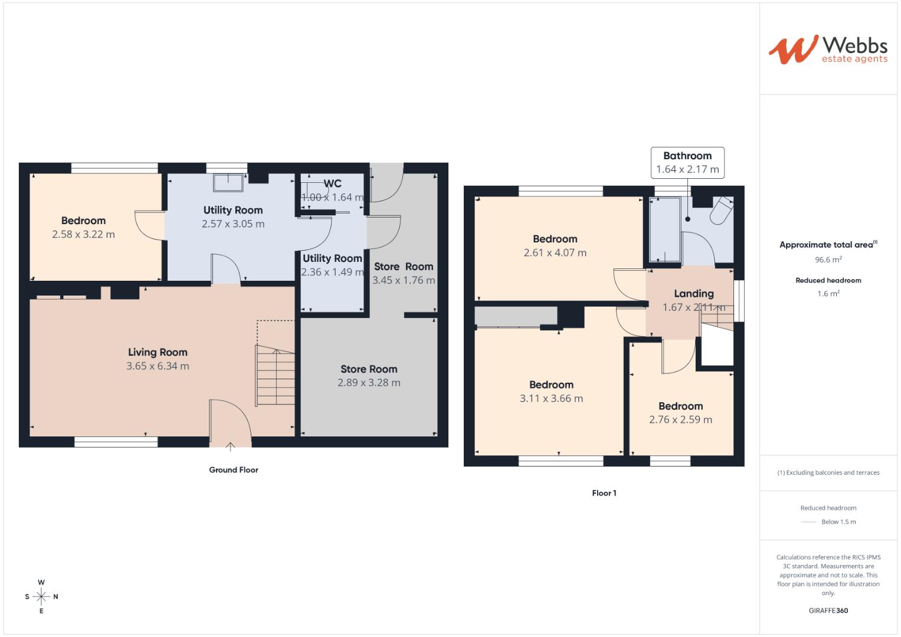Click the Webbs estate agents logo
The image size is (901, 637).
pos(828,50)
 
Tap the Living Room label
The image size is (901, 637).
pos(158,352)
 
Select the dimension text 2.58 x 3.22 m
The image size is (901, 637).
pos(83,234)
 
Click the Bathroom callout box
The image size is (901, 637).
pos(687,163)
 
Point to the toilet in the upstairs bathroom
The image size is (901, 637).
pos(722,211)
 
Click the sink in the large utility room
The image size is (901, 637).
pos(228,182)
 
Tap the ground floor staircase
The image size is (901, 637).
pos(275,376)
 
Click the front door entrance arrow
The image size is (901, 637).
pos(230,446)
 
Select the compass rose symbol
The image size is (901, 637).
pos(41,596)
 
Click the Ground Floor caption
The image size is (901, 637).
pos(234,470)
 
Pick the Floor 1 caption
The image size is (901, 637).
pos(604,493)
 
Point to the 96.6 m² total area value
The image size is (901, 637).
pos(828,260)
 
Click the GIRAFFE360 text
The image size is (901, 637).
pos(828,610)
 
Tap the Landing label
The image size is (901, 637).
pos(694,294)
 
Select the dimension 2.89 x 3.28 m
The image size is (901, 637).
pos(369,383)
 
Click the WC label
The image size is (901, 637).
pos(332,184)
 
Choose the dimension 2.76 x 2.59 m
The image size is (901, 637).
pos(680,420)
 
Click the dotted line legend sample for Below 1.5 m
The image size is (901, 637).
pos(808,522)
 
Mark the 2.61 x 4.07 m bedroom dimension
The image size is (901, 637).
pos(555,252)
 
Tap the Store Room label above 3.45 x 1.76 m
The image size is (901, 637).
pos(404,267)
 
